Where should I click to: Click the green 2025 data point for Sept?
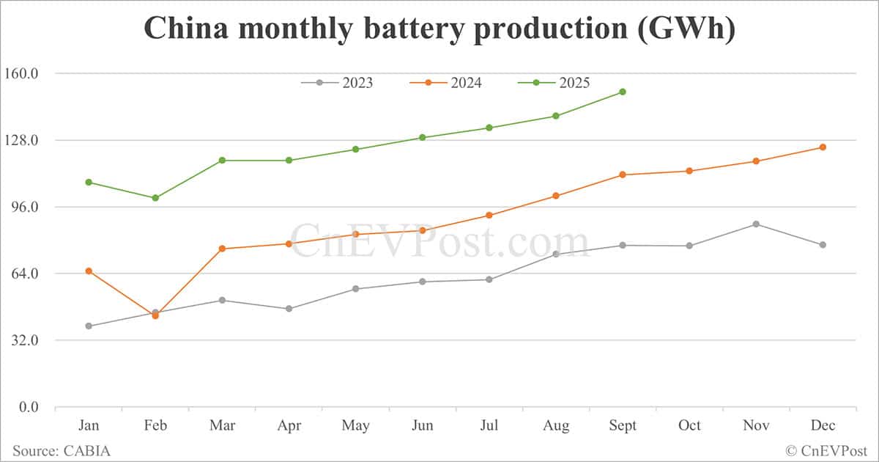click(623, 92)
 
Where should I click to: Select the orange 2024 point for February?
click(155, 315)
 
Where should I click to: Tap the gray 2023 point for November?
click(756, 224)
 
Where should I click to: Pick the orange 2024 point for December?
click(823, 147)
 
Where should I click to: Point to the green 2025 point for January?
click(89, 182)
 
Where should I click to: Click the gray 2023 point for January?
click(89, 326)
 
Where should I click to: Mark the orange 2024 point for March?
click(222, 249)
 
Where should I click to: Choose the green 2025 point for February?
click(155, 198)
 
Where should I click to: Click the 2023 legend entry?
click(337, 83)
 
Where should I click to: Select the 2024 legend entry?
click(446, 83)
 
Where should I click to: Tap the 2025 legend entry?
click(555, 83)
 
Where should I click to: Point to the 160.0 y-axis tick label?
click(24, 73)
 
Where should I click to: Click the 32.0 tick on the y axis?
click(26, 340)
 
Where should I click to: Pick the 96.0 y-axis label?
click(26, 207)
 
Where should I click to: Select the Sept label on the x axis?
click(623, 425)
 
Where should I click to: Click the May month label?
click(355, 425)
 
